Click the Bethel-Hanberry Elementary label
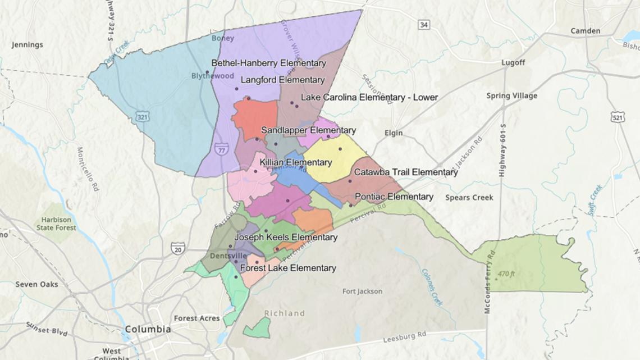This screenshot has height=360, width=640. [x=268, y=63]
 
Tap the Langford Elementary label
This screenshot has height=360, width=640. [x=282, y=80]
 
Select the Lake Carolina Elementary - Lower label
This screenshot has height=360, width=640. [x=369, y=97]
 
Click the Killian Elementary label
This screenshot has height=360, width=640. [x=295, y=162]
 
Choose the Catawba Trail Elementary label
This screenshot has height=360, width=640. [x=406, y=172]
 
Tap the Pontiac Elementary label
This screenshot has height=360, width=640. [x=394, y=197]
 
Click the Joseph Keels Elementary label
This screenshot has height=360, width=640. [x=286, y=238]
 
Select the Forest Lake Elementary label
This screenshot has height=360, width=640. [x=288, y=268]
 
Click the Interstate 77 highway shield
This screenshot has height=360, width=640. [x=221, y=149]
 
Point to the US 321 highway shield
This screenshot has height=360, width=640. [x=142, y=116]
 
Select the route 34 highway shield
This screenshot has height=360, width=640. [x=424, y=24]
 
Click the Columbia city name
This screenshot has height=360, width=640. [x=148, y=329]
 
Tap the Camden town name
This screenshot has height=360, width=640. [x=585, y=31]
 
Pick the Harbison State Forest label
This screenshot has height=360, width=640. [x=57, y=224]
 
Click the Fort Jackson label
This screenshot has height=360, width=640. [x=362, y=291]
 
